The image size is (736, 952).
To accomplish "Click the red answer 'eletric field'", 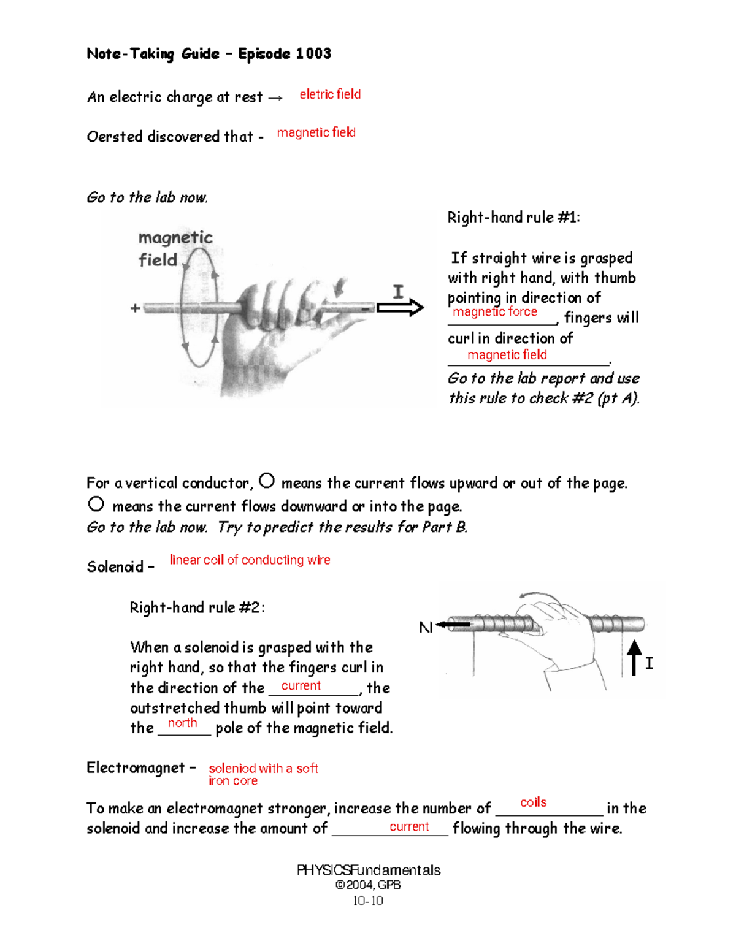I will tap(330, 94).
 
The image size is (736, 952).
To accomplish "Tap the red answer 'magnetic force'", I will tap(495, 312).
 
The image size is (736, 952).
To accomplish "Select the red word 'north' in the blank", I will tap(183, 723).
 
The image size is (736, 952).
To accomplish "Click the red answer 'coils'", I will tap(534, 802).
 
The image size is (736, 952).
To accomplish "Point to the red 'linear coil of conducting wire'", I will tap(250, 560).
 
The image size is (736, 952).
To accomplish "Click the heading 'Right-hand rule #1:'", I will tap(513, 218).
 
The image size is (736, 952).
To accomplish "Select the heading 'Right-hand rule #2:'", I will tap(197, 608).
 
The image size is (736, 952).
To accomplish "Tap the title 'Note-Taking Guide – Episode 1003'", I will tap(209, 54).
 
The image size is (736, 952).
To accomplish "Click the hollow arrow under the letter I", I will tap(400, 307).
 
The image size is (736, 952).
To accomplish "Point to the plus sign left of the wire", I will tap(136, 308).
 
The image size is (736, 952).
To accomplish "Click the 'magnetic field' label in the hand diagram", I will tap(175, 248).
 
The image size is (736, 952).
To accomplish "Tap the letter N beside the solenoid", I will tap(425, 628).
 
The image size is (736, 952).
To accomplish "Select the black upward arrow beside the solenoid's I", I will tap(634, 658).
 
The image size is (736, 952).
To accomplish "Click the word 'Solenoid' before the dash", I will tap(115, 567).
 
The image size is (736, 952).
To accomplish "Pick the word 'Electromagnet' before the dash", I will tap(136, 768).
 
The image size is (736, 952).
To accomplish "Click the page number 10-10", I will tap(368, 901).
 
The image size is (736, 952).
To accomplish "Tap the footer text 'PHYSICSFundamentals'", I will tap(368, 870).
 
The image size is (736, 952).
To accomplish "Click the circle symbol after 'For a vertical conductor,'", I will tap(267, 481).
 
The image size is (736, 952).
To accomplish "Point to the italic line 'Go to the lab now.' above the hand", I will tap(147, 197).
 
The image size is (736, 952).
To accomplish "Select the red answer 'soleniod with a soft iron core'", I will tap(263, 774).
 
